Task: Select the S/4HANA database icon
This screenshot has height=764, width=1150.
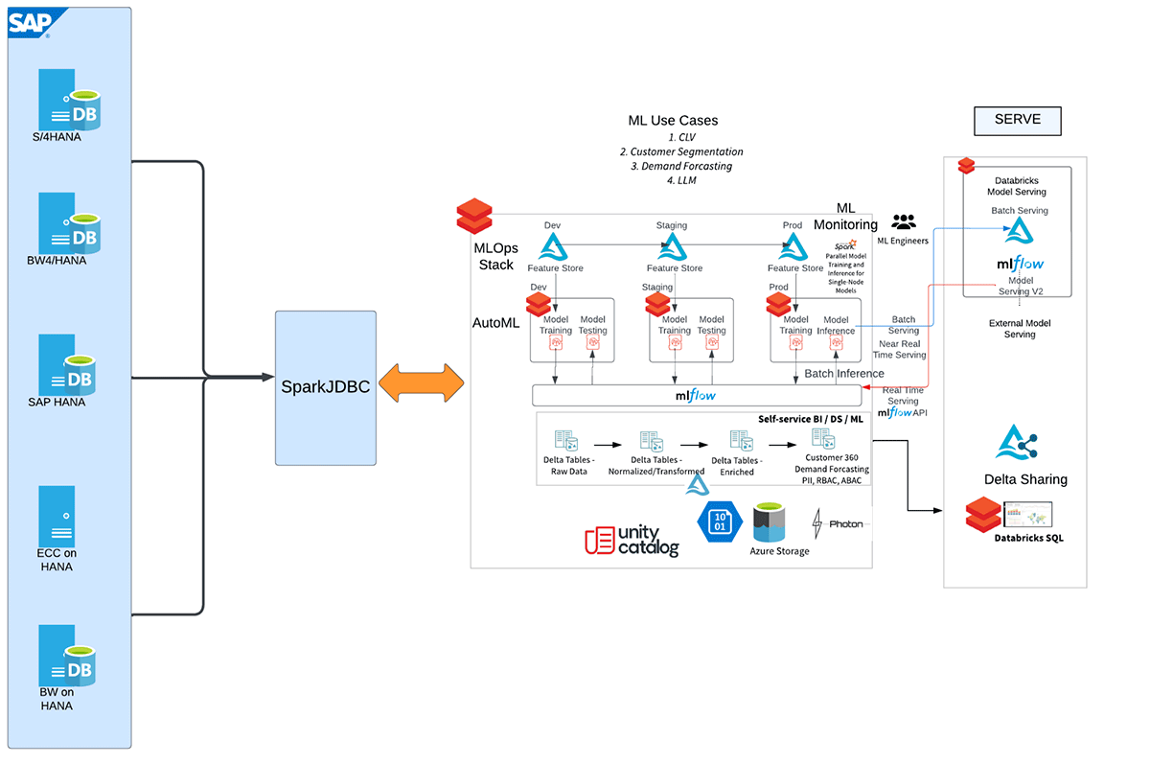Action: tap(70, 99)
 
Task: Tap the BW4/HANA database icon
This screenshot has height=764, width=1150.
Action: tap(70, 222)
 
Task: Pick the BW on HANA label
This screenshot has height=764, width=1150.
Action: tap(56, 698)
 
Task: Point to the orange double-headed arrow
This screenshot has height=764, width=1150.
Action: tap(421, 384)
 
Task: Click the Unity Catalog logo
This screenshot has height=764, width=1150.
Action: tap(632, 541)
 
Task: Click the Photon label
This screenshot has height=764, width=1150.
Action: tap(845, 524)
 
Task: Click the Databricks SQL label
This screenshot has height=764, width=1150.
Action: tap(1028, 538)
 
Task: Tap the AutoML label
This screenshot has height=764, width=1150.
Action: tap(495, 323)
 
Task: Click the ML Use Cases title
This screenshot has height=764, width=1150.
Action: tap(673, 121)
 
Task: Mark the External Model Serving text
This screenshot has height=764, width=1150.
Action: tap(1019, 329)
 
